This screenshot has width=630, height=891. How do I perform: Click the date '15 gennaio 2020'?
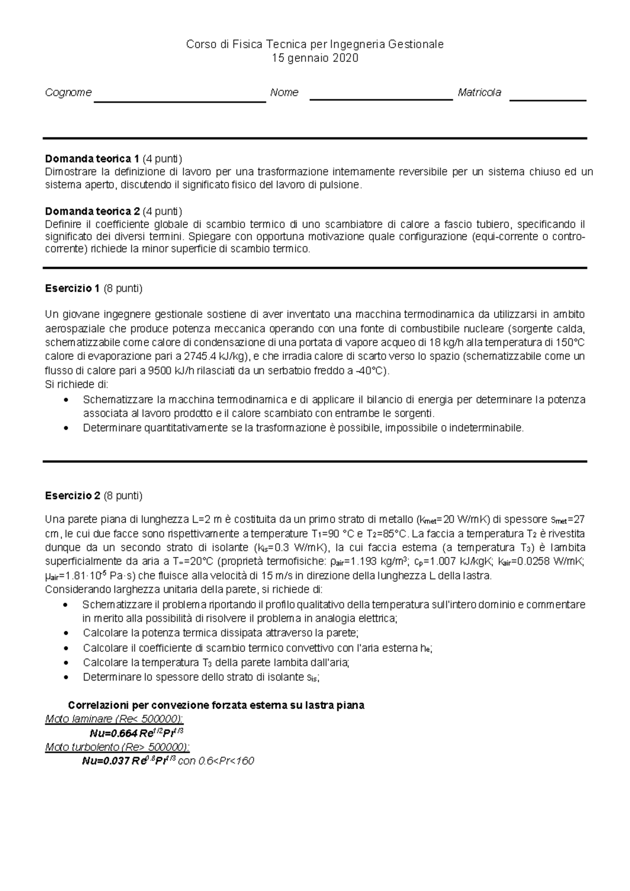(x=315, y=58)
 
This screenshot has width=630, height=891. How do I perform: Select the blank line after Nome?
(x=381, y=99)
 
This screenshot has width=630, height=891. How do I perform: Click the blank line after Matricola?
(x=548, y=100)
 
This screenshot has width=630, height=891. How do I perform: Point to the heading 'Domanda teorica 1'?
(x=92, y=158)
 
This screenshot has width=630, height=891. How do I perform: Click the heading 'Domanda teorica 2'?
(x=92, y=211)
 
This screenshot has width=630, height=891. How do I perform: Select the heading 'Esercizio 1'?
(x=72, y=289)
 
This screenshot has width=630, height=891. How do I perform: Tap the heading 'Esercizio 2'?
(x=72, y=496)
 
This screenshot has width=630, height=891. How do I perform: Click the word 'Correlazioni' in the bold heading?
(x=97, y=705)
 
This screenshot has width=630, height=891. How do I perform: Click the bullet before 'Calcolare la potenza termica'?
(x=66, y=633)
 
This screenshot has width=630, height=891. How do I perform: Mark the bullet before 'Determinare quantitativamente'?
(x=66, y=428)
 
